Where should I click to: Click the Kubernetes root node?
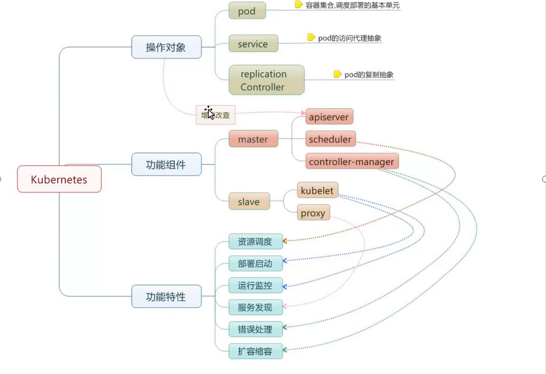[59, 179]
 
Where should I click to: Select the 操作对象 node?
[166, 47]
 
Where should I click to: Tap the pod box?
[247, 11]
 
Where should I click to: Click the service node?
[253, 44]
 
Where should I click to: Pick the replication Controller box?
[266, 80]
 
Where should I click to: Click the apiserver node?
[329, 117]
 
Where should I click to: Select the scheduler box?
[330, 139]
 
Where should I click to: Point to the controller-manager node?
[351, 162]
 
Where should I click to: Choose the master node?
[253, 139]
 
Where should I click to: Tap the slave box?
[249, 202]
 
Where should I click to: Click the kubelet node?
[317, 191]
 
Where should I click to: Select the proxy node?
[313, 213]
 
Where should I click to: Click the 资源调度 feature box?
[255, 241]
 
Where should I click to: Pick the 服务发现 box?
[255, 307]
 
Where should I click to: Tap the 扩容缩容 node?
[255, 351]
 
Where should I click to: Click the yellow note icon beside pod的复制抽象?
[338, 74]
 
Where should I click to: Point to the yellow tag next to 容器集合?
[299, 5]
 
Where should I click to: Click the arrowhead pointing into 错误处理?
[285, 326]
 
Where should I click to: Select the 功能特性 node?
[166, 297]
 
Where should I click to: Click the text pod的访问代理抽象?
[350, 38]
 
